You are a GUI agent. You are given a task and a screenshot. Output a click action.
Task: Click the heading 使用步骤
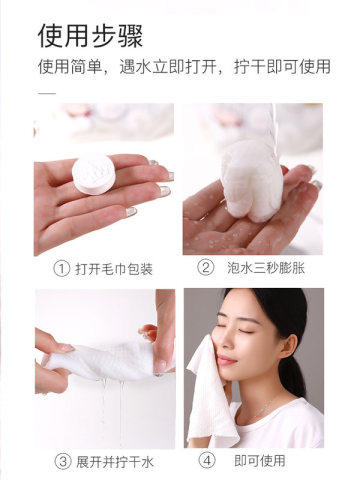90,38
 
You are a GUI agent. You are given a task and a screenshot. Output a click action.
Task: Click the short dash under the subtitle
44,92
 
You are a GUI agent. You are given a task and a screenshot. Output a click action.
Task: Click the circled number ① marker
63,268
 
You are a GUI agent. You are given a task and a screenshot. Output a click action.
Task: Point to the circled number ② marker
206,268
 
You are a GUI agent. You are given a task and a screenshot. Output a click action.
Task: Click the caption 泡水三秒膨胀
266,268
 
